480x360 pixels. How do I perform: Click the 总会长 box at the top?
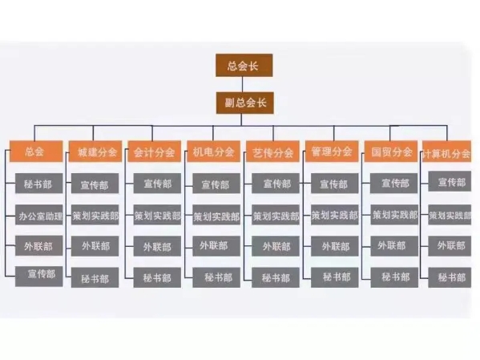tap(244, 65)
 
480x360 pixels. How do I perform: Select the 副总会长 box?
tap(245, 103)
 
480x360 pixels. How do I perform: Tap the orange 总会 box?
tap(36, 152)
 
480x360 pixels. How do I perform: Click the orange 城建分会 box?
tap(95, 152)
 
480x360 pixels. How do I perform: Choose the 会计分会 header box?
tap(155, 152)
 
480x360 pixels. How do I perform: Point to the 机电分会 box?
tap(213, 152)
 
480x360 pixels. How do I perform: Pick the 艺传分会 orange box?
tap(272, 152)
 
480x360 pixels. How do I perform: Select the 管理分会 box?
tap(332, 152)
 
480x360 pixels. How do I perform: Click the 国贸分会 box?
tap(391, 152)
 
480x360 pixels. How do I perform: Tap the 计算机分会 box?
tap(446, 152)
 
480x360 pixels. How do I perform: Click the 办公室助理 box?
tap(39, 215)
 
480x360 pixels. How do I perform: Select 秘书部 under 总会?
tap(39, 184)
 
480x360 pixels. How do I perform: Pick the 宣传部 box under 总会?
tap(39, 277)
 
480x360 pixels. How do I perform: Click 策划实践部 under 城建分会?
tap(95, 215)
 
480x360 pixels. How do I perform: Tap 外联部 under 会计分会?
tap(157, 246)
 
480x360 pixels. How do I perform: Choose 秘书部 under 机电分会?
tap(216, 277)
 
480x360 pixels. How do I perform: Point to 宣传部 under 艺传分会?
tap(276, 184)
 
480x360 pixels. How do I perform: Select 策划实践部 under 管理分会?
tap(335, 215)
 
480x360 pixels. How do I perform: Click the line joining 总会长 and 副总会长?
tap(243, 84)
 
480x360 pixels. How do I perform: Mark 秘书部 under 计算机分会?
tap(450, 277)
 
